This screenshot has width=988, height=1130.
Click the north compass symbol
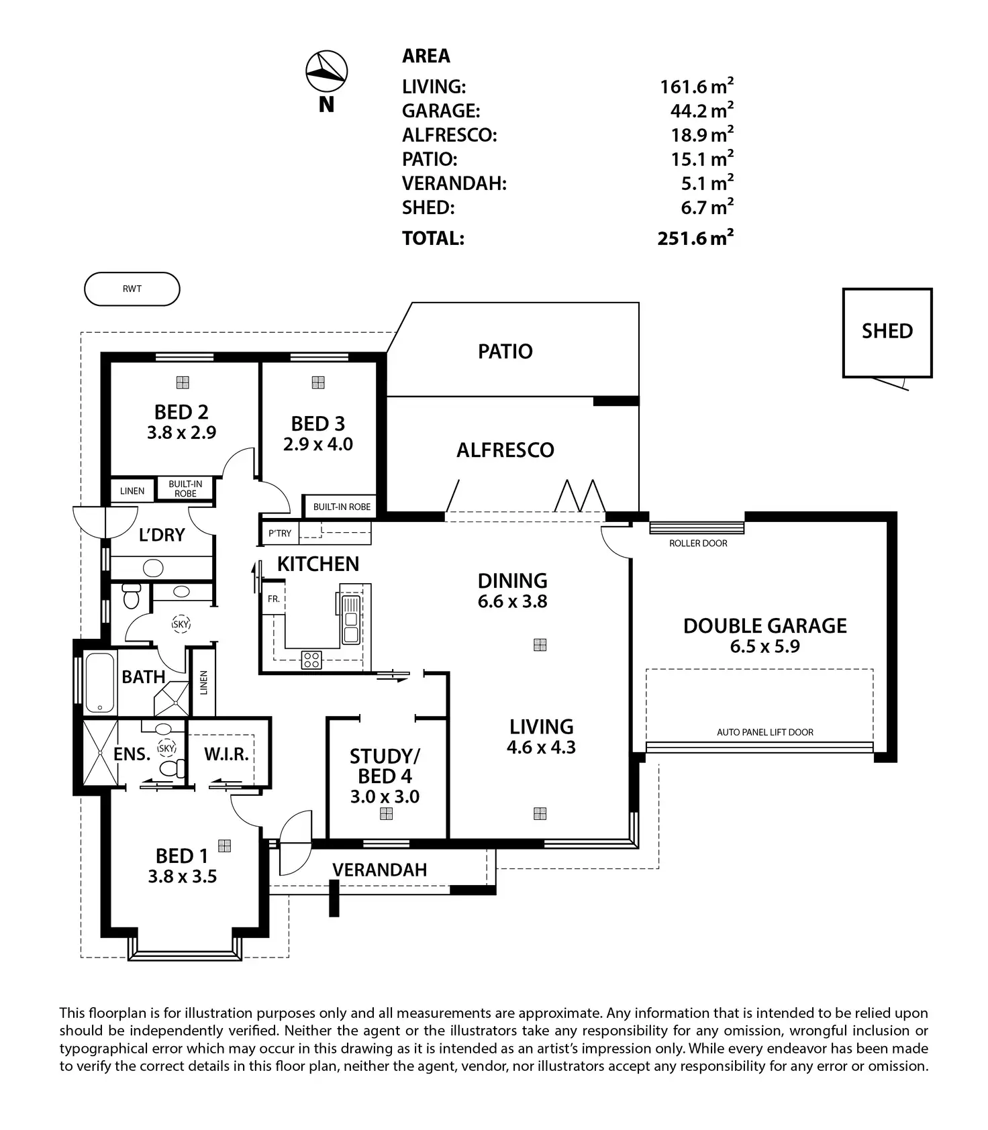(x=326, y=70)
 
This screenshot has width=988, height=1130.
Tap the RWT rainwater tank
(x=132, y=289)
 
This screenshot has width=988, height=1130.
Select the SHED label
(x=887, y=331)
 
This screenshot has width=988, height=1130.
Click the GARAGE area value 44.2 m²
(x=701, y=111)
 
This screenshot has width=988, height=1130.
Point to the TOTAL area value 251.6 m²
(x=695, y=238)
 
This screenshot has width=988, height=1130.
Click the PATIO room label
(x=505, y=351)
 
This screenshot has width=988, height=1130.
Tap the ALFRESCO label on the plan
(x=505, y=450)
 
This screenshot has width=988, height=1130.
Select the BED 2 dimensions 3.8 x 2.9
(x=181, y=433)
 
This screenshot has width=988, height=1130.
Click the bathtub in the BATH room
(x=100, y=682)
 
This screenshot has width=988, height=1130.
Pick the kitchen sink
(x=350, y=619)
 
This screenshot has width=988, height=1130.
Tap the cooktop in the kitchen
(x=311, y=659)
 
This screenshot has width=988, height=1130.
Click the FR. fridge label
(x=273, y=599)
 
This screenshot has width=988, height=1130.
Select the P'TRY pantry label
(x=280, y=533)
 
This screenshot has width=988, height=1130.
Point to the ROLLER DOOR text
(x=698, y=544)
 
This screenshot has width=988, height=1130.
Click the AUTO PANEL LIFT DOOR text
(x=764, y=732)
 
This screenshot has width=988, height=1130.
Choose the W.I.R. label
(x=226, y=754)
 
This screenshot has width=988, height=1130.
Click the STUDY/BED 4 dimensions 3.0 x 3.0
(x=385, y=797)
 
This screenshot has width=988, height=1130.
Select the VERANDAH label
(x=379, y=870)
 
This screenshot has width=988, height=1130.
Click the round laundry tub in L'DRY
(x=154, y=568)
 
